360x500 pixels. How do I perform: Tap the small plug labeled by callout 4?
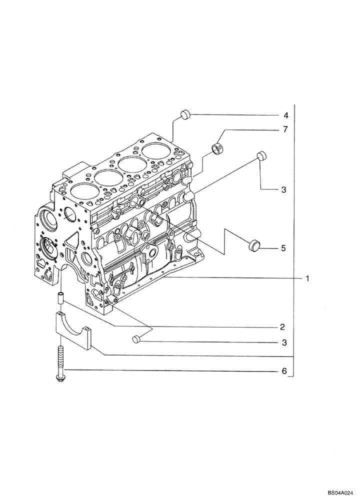coord(185,114)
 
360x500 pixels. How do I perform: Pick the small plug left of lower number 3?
coord(136,340)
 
